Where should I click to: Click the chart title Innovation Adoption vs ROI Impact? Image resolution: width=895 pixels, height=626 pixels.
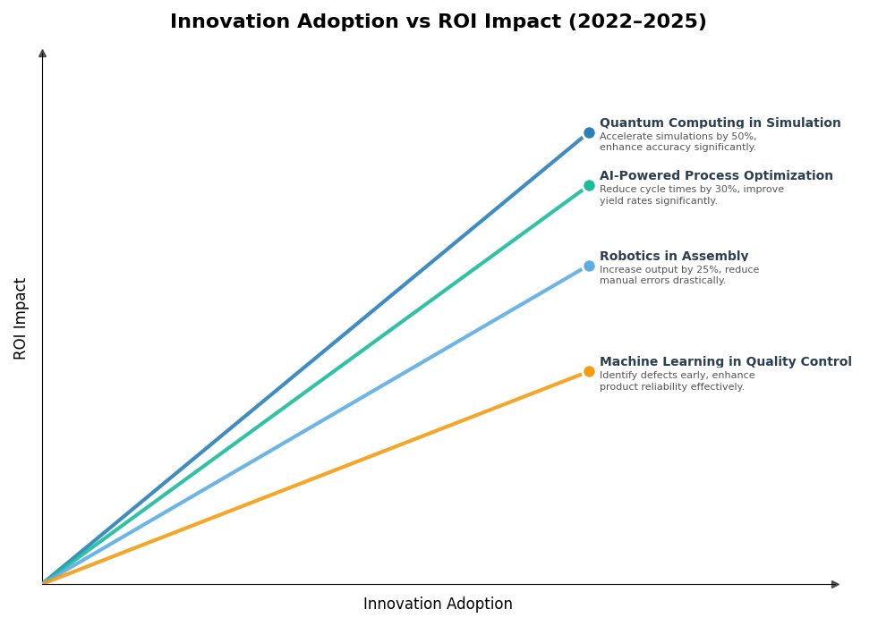[x=438, y=22]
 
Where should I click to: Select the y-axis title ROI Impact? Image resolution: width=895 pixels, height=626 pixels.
[x=21, y=318]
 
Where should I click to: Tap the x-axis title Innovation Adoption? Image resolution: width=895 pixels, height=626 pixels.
[x=438, y=605]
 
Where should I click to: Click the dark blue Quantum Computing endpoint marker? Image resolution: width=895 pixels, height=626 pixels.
[x=589, y=133]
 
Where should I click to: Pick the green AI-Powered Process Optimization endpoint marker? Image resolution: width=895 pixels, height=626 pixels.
[x=589, y=186]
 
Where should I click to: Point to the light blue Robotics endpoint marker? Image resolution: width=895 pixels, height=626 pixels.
[x=589, y=266]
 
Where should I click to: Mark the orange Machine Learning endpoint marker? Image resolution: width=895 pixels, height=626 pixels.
[x=589, y=372]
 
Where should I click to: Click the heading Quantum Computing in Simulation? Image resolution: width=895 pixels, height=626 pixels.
[x=720, y=123]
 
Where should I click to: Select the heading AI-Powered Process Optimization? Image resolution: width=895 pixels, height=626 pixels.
[x=716, y=176]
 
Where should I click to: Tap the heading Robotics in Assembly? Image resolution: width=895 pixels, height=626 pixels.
[x=674, y=257]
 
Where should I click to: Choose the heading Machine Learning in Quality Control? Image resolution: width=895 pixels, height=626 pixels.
[x=725, y=362]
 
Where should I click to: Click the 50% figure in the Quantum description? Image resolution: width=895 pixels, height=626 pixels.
[x=742, y=137]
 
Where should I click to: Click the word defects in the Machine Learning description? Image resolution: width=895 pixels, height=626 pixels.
[x=663, y=376]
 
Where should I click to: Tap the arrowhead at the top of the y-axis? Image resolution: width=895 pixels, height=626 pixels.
[x=42, y=54]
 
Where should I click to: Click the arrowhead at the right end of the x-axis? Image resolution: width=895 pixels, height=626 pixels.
[x=835, y=585]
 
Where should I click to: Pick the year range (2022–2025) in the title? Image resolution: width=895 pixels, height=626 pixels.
[x=636, y=22]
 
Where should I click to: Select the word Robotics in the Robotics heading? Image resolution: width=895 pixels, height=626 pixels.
[x=629, y=257]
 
